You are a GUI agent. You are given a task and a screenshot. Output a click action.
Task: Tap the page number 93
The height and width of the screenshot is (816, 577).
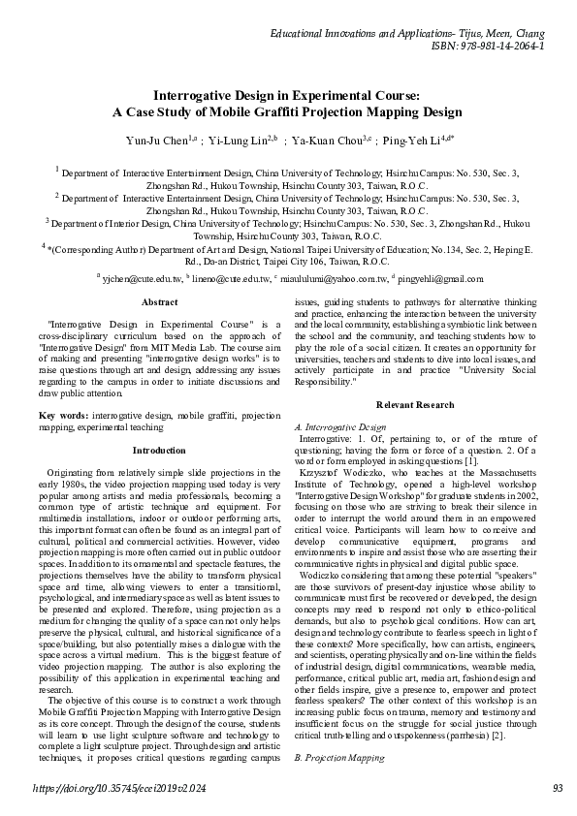click(557, 790)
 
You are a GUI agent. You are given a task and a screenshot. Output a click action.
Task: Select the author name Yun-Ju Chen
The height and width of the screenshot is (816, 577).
click(158, 140)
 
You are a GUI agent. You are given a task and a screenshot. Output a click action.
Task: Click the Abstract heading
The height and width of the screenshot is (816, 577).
click(159, 302)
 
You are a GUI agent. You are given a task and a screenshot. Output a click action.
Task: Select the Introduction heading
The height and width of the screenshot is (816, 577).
click(159, 450)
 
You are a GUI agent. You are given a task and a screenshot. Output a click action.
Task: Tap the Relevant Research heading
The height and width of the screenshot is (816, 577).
click(415, 403)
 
